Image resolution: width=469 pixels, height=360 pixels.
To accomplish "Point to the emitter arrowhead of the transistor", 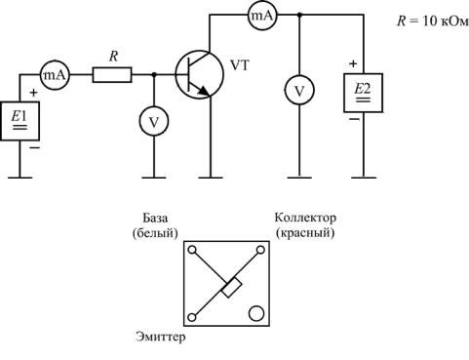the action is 203,92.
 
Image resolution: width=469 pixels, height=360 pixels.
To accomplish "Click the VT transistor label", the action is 240,65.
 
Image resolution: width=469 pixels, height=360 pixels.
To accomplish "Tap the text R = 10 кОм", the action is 433,21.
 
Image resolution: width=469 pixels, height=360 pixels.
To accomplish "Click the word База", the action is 155,218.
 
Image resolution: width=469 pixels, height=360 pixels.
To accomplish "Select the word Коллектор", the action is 305,218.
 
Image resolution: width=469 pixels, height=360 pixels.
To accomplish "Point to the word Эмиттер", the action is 161,337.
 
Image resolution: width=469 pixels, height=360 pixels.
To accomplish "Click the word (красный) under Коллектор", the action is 305,233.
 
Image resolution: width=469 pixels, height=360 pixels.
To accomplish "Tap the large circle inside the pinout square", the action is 256,313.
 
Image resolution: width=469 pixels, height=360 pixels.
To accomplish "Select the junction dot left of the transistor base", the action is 154,75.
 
